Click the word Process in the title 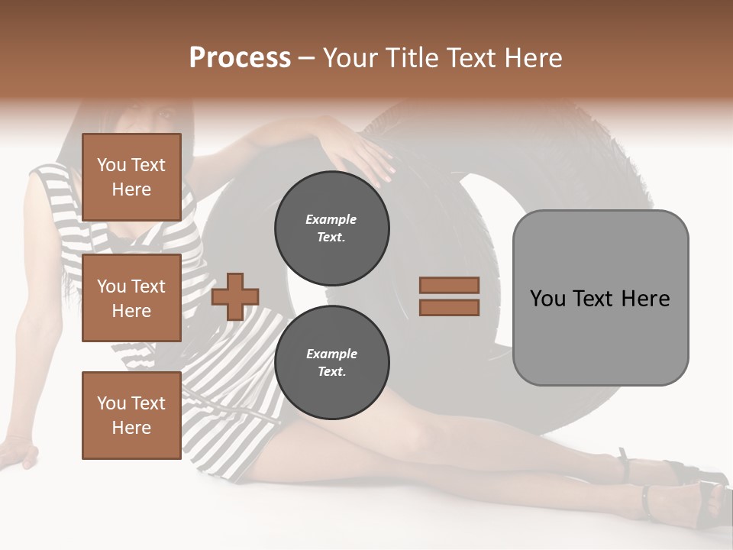point(240,58)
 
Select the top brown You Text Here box point(131,177)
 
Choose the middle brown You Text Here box point(131,298)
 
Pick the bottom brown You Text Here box point(131,415)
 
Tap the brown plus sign point(235,296)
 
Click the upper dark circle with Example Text point(331,228)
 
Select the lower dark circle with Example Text point(331,363)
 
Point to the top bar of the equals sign point(449,285)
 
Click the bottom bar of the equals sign point(449,308)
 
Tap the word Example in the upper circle point(331,219)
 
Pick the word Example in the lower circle point(331,354)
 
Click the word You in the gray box point(548,298)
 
